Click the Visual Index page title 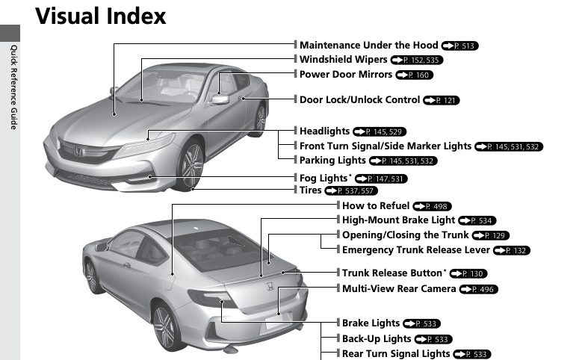click(101, 16)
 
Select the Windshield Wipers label click(343, 59)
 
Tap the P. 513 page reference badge click(459, 46)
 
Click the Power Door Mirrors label click(345, 75)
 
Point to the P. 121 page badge click(442, 100)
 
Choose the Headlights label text click(325, 131)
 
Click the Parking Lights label click(332, 160)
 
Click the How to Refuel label click(375, 205)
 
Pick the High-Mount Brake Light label click(398, 220)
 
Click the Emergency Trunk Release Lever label click(415, 249)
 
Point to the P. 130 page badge click(468, 274)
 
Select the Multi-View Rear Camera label click(398, 288)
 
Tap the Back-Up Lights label click(377, 338)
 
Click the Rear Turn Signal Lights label click(396, 353)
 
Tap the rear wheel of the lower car click(165, 326)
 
